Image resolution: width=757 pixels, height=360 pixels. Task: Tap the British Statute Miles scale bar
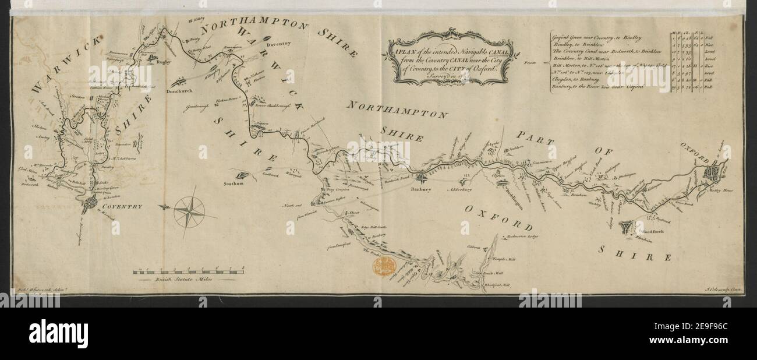click(x=188, y=270)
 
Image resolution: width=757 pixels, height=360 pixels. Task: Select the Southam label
click(x=232, y=184)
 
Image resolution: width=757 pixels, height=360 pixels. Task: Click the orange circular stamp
click(x=385, y=266)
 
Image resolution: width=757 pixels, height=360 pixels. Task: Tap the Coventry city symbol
click(x=91, y=203)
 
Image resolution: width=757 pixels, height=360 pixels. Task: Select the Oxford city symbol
click(x=713, y=172)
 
